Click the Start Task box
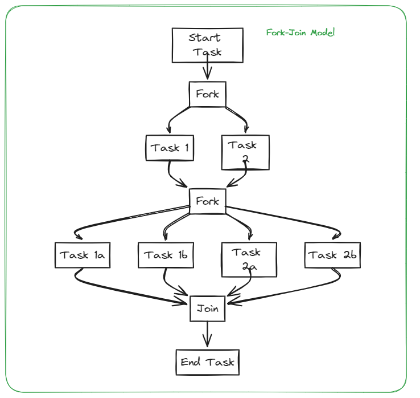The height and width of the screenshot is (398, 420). [208, 45]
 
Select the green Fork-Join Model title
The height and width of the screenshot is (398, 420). [300, 33]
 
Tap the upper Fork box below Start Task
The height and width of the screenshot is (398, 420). [208, 94]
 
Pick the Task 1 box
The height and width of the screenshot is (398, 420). [170, 148]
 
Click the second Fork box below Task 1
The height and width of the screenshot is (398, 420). [208, 201]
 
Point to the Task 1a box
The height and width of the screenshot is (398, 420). [81, 255]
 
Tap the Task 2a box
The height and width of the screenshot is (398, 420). [249, 259]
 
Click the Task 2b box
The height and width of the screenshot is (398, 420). [332, 255]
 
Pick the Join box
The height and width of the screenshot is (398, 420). [208, 309]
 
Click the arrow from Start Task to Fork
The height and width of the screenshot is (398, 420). [207, 71]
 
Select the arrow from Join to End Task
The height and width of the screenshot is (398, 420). [207, 334]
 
